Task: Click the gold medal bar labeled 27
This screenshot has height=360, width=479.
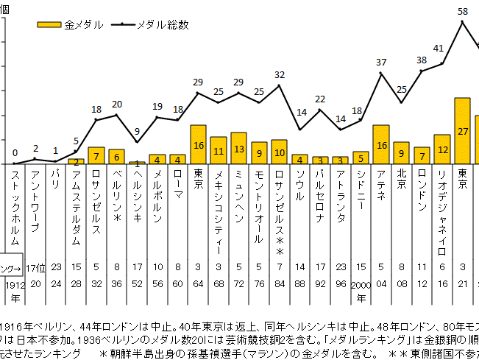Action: (x=462, y=130)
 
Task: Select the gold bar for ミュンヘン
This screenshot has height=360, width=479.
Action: (x=238, y=148)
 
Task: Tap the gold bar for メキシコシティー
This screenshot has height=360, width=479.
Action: (x=219, y=150)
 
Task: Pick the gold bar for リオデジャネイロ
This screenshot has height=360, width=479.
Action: (x=442, y=149)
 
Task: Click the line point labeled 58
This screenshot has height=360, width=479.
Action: (x=462, y=22)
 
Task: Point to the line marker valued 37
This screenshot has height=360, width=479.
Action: (x=381, y=74)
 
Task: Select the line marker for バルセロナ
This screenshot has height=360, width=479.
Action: (x=320, y=110)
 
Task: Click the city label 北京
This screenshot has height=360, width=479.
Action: (x=401, y=180)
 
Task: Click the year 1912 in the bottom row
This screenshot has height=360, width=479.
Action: (x=15, y=284)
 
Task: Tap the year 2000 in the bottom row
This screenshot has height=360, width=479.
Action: (x=360, y=284)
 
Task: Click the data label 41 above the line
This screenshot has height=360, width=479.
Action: (x=438, y=49)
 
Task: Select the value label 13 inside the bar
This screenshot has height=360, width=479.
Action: (x=238, y=148)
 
